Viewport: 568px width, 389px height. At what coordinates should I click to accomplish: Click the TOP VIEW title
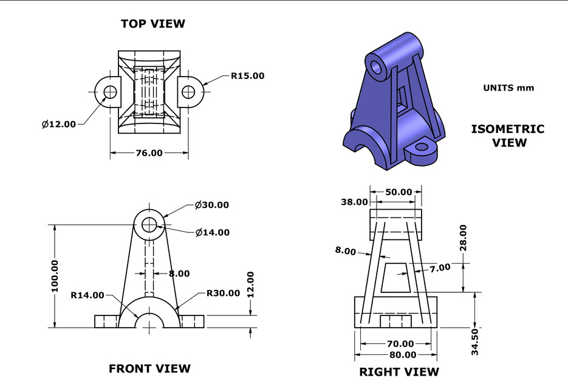(x=153, y=24)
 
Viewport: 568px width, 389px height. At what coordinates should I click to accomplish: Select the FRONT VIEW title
(x=149, y=368)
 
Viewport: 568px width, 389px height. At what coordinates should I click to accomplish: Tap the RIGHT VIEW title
(x=399, y=371)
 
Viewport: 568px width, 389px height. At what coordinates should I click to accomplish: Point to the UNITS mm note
(x=508, y=88)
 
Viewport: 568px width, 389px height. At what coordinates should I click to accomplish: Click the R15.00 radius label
(x=247, y=76)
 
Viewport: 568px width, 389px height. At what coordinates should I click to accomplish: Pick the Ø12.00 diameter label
(x=59, y=124)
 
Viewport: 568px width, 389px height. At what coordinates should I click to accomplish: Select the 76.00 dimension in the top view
(x=149, y=153)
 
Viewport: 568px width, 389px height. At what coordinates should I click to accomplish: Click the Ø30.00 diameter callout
(x=212, y=205)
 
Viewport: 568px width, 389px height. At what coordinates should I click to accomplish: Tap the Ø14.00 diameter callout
(x=212, y=232)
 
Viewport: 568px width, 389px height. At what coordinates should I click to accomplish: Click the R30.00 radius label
(x=224, y=293)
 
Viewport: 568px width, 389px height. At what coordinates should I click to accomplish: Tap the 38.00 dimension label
(x=355, y=202)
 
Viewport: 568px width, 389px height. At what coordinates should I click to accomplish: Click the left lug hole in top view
(x=110, y=92)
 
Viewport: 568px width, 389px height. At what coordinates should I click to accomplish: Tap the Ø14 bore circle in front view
(x=149, y=225)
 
